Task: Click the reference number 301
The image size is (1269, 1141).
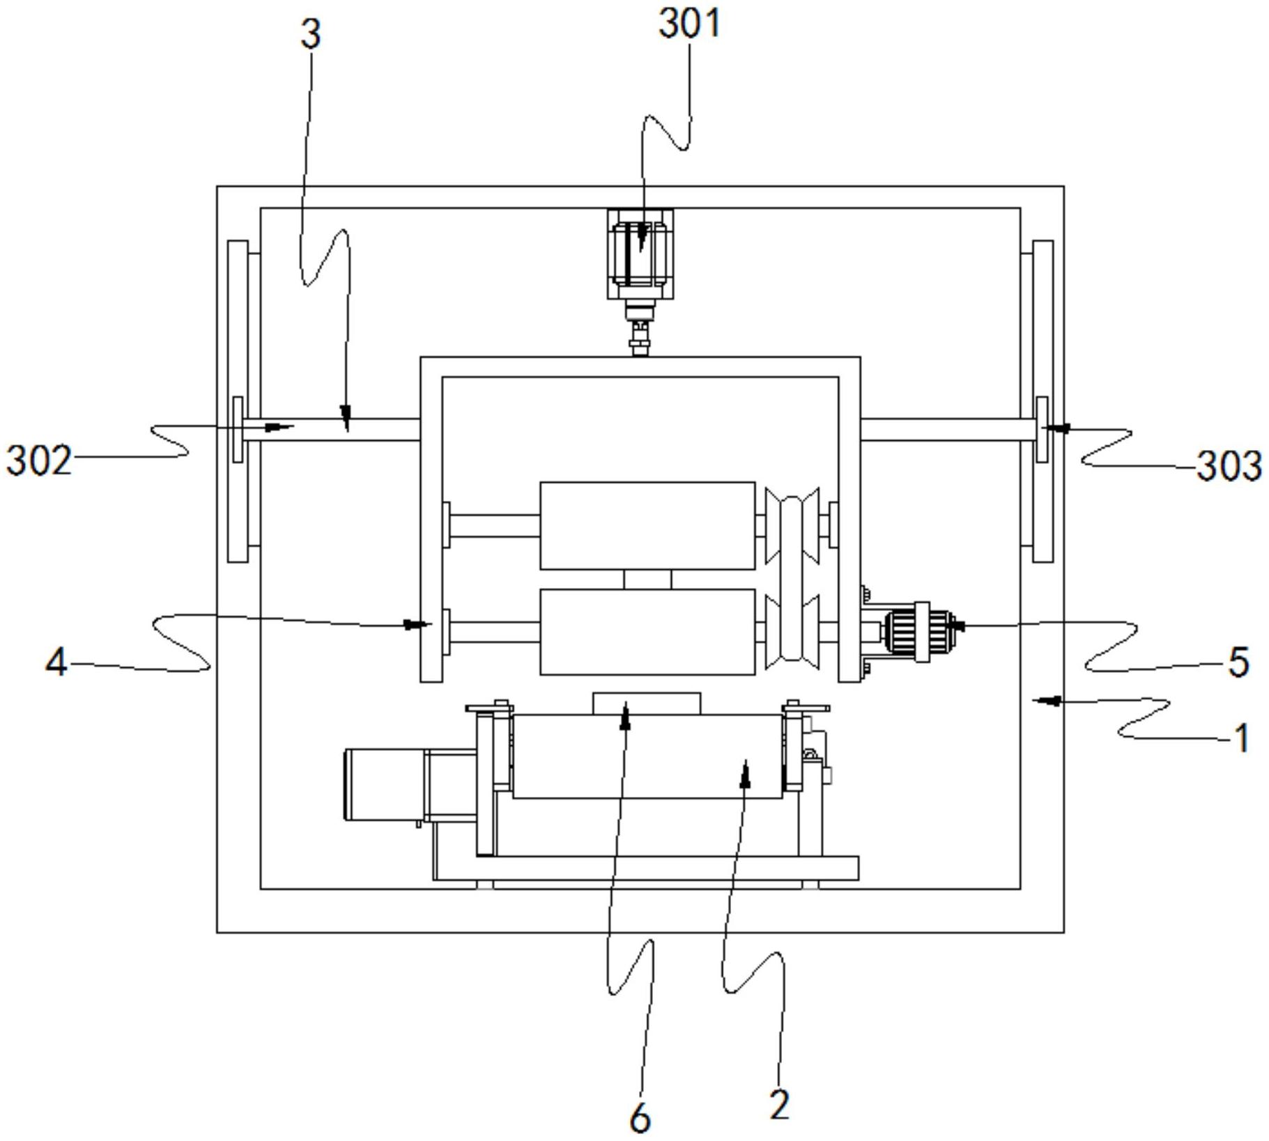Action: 689,22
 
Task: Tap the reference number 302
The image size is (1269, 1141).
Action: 39,460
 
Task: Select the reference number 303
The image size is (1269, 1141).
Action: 1229,465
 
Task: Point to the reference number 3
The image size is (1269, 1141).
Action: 311,34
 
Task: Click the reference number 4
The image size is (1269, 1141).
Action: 56,661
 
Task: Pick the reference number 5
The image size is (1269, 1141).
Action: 1238,662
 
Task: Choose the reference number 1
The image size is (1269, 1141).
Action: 1241,738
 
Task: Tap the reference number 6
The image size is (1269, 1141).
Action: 640,1119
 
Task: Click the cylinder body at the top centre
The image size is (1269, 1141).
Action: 640,254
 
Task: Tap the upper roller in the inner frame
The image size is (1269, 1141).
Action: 647,525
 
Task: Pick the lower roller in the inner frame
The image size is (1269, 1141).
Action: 647,632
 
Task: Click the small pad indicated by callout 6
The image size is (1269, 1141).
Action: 647,703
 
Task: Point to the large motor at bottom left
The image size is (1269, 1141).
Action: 385,784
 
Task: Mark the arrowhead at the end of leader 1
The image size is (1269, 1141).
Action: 1038,700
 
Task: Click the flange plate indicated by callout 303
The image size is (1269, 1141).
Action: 1042,429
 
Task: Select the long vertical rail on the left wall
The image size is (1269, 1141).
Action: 238,401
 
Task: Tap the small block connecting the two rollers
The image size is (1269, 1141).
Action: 647,580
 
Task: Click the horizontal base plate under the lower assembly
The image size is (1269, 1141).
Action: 645,868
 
